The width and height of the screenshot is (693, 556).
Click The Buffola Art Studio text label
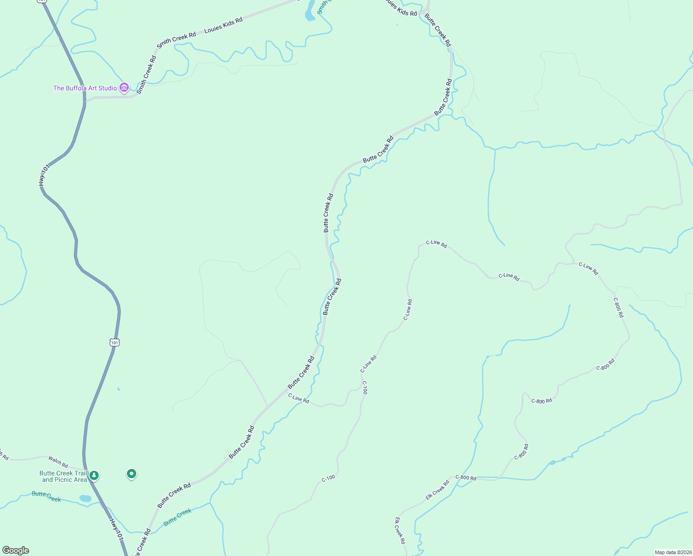click(x=85, y=88)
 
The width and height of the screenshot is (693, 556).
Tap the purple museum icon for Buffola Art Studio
click(x=124, y=87)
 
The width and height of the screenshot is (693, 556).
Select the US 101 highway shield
click(x=115, y=342)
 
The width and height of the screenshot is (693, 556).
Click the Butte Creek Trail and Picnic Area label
click(x=63, y=476)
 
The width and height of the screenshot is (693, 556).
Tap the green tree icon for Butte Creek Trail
click(x=94, y=475)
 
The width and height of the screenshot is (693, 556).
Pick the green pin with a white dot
click(x=132, y=474)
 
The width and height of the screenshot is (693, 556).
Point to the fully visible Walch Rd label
click(x=58, y=461)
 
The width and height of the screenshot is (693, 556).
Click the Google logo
click(x=16, y=550)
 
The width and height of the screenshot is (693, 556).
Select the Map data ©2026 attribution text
click(x=673, y=552)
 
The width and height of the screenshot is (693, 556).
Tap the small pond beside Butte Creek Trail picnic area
click(x=85, y=499)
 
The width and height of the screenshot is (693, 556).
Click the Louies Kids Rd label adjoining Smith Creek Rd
click(x=223, y=25)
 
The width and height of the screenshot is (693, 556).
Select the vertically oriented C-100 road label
click(x=365, y=387)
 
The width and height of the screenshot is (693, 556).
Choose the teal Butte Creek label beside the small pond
click(x=46, y=497)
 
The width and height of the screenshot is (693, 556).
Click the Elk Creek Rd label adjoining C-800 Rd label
click(x=437, y=490)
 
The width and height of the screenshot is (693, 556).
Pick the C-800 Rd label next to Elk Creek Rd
click(x=466, y=477)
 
